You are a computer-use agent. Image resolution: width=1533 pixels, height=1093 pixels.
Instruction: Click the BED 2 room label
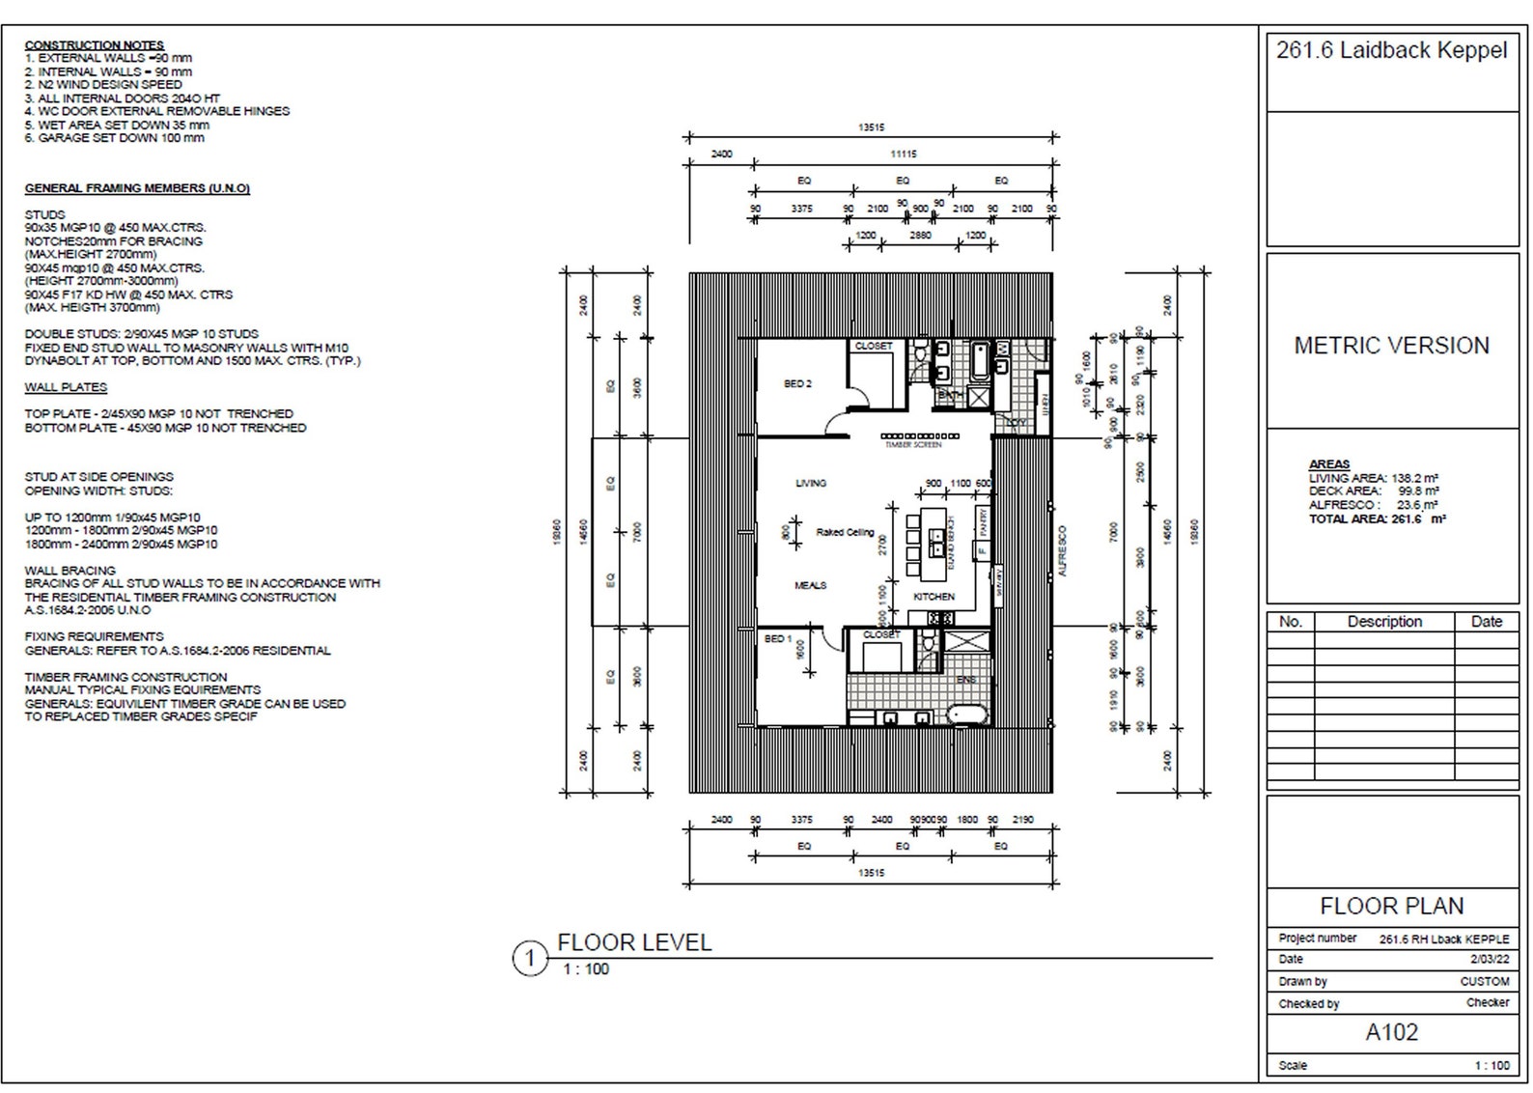(x=797, y=383)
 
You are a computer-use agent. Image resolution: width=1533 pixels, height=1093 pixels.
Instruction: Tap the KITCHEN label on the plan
(x=934, y=597)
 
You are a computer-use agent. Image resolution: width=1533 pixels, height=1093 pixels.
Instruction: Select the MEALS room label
(x=810, y=585)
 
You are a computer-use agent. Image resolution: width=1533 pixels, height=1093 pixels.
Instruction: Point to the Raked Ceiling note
(x=845, y=532)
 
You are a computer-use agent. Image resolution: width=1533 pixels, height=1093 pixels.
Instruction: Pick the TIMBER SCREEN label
(x=912, y=445)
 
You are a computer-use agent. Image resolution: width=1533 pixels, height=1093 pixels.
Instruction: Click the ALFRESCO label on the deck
(x=1062, y=551)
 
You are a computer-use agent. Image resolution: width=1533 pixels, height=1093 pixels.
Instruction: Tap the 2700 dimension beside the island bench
(x=881, y=546)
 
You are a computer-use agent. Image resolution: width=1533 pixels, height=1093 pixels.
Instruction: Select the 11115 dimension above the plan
(x=903, y=154)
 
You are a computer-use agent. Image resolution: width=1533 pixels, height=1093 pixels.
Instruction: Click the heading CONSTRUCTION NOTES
(x=94, y=44)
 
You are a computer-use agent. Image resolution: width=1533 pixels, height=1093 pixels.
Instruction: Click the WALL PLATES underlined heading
(x=66, y=387)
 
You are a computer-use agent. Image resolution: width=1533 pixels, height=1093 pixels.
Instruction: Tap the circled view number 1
(x=529, y=959)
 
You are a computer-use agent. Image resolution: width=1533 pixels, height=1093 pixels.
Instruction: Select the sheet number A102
(x=1391, y=1032)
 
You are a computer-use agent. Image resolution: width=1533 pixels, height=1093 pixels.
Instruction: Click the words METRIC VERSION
(x=1391, y=345)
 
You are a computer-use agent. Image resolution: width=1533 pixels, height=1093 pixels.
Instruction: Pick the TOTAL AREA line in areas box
(x=1376, y=518)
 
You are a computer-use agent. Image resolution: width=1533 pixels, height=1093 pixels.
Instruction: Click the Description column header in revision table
(x=1384, y=622)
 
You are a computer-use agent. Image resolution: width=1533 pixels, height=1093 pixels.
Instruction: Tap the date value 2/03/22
(x=1489, y=959)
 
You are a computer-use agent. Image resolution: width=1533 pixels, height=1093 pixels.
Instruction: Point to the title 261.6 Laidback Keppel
(x=1391, y=50)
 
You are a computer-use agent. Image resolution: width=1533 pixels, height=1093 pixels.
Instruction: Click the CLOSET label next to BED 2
(x=874, y=346)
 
